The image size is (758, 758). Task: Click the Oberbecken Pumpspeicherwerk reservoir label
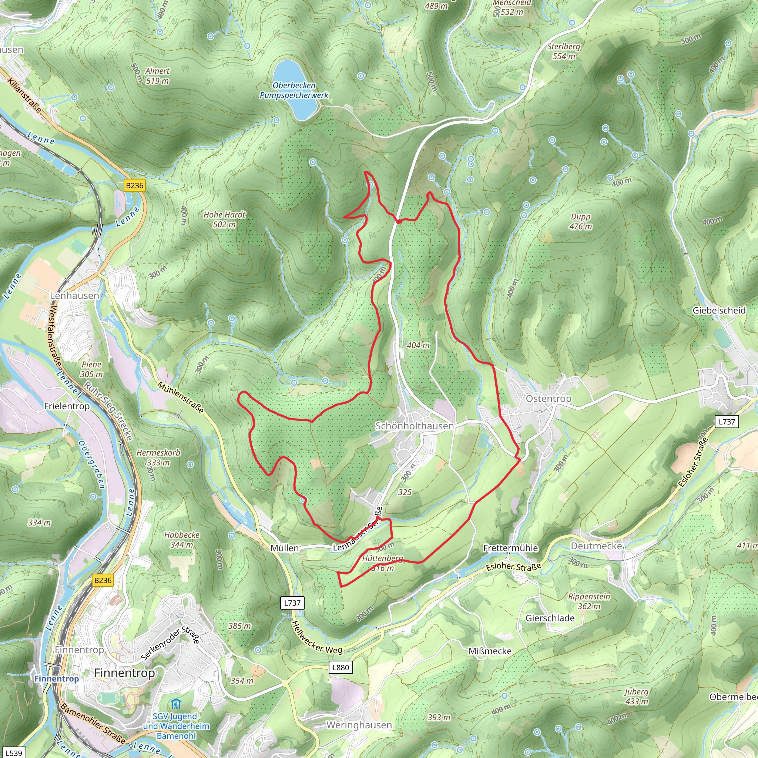pos(294,90)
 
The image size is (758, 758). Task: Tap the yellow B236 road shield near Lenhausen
pos(135,185)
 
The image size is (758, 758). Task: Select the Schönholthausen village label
pos(414,426)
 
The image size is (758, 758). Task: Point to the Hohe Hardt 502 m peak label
pos(224,220)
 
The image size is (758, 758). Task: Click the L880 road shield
pos(340,668)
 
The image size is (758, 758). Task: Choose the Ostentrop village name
pos(549,399)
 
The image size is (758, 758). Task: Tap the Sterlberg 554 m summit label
pos(564,51)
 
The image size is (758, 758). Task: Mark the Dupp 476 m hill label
pos(580,222)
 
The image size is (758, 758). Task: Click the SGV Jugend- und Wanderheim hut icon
pos(176,704)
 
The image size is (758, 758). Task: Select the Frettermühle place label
pos(510,548)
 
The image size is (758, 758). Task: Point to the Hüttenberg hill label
pos(383,559)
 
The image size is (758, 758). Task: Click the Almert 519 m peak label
pos(157,76)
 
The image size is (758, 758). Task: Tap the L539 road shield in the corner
pos(14,753)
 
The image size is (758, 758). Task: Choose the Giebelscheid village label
pos(719,310)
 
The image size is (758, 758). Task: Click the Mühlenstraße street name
pos(181,398)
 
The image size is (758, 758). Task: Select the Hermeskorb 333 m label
pos(158,457)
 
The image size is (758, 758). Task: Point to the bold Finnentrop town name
pos(124,673)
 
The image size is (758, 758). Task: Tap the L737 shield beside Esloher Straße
pos(727,422)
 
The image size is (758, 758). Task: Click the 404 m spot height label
pos(418,345)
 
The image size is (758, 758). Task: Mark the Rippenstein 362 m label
pos(589,601)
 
